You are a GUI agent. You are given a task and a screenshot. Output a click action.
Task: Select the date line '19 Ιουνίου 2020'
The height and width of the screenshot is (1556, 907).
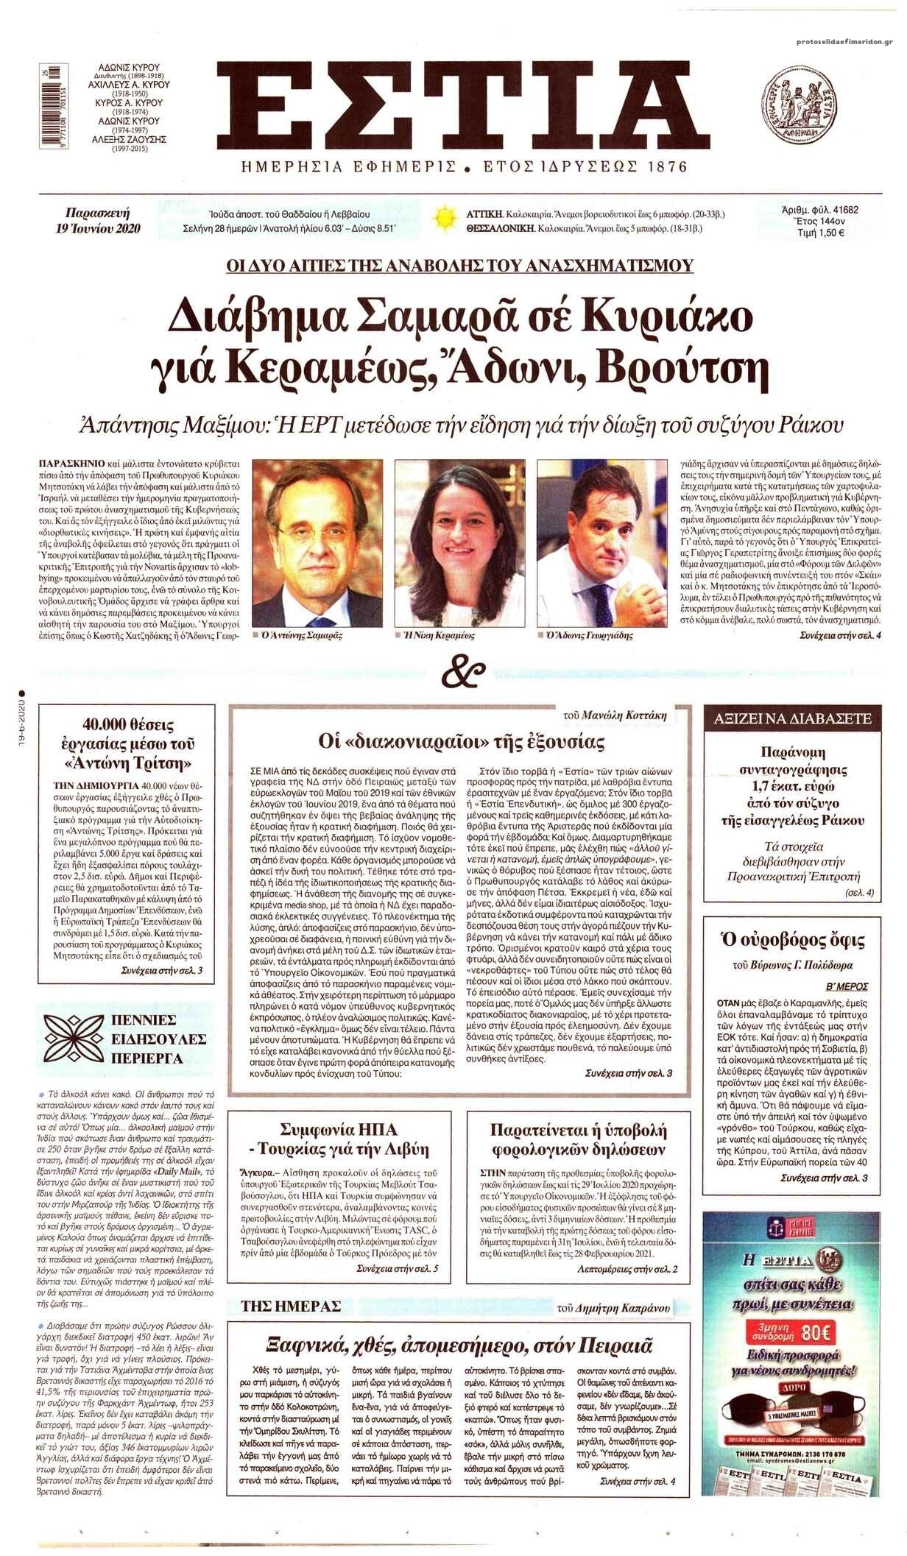(98, 228)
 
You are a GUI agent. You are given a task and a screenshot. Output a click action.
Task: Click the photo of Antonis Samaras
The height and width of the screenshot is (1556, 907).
(318, 543)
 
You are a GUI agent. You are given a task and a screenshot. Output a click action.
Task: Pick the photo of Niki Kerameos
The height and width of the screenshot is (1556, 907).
(460, 543)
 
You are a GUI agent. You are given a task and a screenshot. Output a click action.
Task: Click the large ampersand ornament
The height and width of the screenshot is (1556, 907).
(465, 668)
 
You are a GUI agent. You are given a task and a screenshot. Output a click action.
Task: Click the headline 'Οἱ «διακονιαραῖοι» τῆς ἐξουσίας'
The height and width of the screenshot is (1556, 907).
(461, 740)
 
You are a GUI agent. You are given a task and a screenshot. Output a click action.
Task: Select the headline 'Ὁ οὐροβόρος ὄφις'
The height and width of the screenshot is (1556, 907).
(791, 940)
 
